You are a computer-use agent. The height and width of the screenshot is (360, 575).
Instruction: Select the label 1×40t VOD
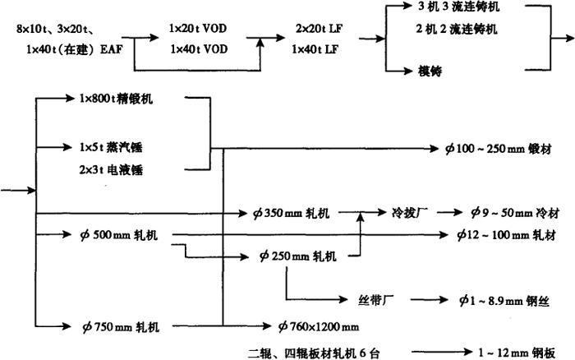pos(200,49)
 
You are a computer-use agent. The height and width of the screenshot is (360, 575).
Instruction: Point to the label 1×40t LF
pos(316,49)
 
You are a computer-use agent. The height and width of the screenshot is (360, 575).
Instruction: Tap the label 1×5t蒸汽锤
pos(113,149)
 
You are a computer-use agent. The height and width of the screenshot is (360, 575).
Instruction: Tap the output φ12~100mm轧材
pos(508,235)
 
